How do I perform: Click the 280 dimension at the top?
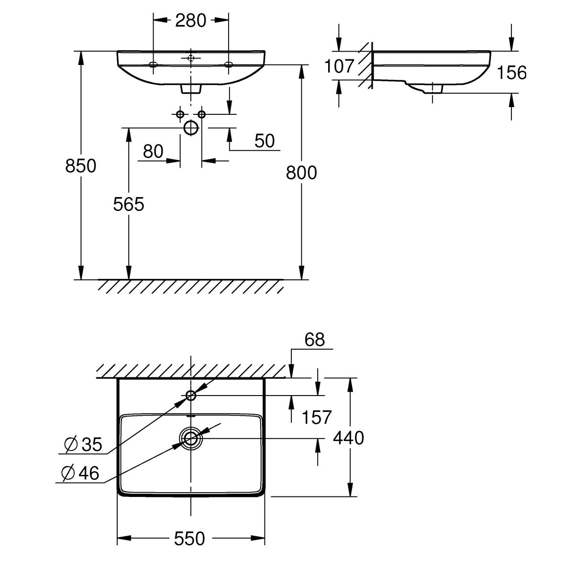point(190,21)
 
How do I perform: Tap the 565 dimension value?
point(129,204)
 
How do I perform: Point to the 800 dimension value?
point(301,172)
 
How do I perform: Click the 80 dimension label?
point(153,152)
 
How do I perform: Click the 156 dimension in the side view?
point(512,73)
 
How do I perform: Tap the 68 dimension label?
point(314,340)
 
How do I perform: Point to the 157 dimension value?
point(316,417)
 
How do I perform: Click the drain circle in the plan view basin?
point(190,438)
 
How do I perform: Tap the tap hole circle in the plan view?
point(191,395)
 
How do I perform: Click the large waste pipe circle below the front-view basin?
point(191,128)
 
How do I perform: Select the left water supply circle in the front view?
point(180,114)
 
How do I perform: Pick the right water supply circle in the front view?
point(201,114)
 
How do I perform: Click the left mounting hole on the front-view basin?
point(153,65)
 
